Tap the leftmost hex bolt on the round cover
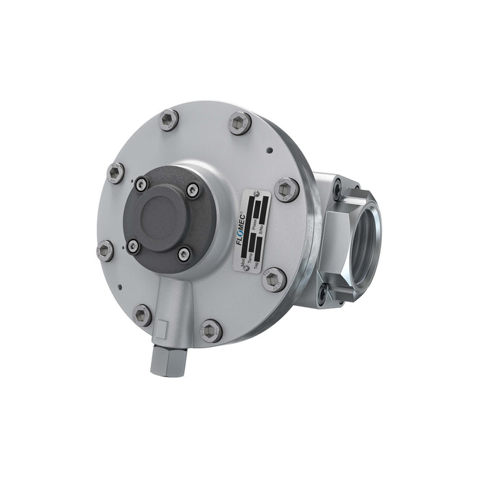click(106, 250)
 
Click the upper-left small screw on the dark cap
click(141, 182)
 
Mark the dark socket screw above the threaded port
click(337, 184)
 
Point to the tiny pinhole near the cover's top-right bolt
click(271, 149)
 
